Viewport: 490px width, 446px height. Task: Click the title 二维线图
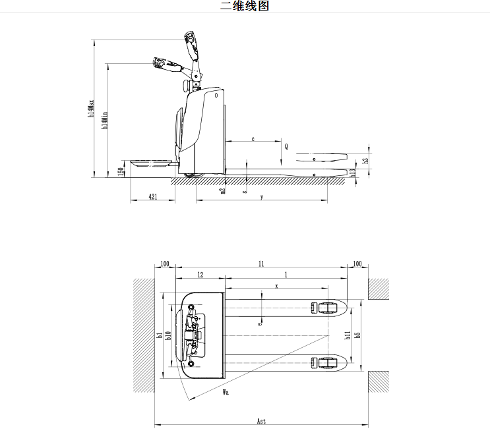(245, 7)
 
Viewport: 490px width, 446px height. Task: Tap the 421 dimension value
(152, 196)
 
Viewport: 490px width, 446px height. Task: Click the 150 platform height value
(121, 171)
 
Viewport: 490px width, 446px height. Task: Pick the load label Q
(286, 147)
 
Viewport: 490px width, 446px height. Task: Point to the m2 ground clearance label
(222, 190)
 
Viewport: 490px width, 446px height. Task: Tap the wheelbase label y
(262, 196)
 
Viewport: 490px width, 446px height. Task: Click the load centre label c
(253, 139)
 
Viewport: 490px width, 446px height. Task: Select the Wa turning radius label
(226, 393)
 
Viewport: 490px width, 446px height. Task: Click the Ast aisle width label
(261, 420)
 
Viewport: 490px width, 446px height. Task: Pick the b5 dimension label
(358, 335)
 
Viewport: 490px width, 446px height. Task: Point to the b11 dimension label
(348, 335)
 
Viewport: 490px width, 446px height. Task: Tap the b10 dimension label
(169, 335)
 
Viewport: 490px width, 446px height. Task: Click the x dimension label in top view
(276, 286)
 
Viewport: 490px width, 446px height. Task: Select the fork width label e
(260, 323)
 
